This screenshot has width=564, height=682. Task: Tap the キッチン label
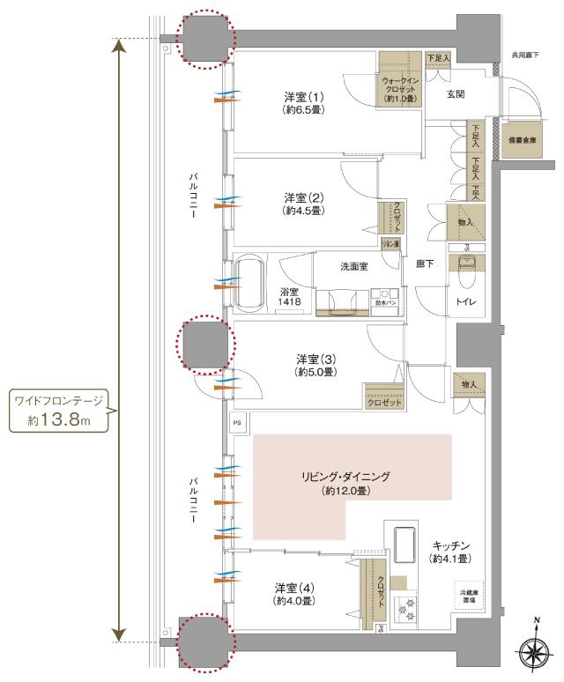click(449, 552)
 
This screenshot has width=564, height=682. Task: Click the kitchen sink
click(406, 544)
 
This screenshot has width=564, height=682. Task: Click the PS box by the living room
click(236, 422)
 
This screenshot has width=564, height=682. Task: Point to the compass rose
click(536, 652)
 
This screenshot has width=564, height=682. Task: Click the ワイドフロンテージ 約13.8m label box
click(58, 411)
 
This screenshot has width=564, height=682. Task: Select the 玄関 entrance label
click(455, 93)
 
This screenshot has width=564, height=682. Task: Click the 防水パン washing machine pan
click(385, 299)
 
